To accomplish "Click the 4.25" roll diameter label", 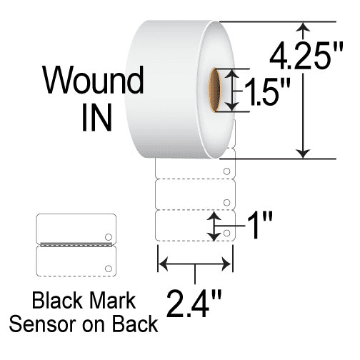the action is tap(306, 56).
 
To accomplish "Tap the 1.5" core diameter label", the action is tap(267, 92).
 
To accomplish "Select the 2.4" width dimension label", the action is tap(194, 304).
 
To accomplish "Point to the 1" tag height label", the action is tap(260, 225).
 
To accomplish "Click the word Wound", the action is tap(93, 80).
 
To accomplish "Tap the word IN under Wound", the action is tap(96, 118).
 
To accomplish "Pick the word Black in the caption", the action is tap(57, 301).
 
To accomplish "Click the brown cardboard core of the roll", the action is tap(214, 90).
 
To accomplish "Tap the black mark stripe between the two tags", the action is tap(76, 244).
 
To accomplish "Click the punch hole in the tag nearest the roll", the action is tap(226, 171).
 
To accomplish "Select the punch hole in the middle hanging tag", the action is tap(226, 202).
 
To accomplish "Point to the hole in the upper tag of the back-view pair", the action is tap(109, 237).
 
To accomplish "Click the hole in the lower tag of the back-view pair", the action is tap(109, 269).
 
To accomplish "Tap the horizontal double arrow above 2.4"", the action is tap(194, 264).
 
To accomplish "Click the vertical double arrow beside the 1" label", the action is tap(214, 226).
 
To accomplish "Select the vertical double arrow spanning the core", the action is tap(232, 90).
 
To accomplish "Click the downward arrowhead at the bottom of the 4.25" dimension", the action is tap(303, 154).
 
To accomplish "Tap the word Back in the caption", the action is tap(135, 324).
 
